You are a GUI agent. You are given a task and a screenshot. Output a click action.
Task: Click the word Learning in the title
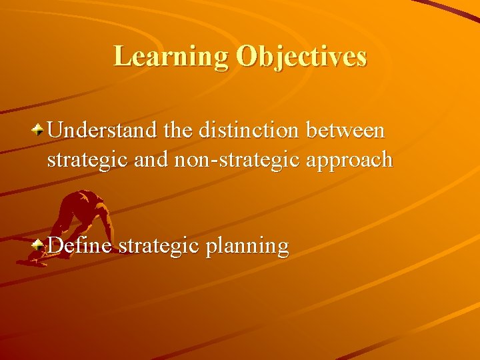(x=171, y=56)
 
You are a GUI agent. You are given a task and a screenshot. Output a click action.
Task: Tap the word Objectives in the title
(x=301, y=57)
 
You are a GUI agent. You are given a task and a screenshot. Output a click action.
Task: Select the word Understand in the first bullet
(x=103, y=130)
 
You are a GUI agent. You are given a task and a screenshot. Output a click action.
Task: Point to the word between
(x=345, y=130)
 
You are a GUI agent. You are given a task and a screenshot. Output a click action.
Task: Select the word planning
(x=247, y=247)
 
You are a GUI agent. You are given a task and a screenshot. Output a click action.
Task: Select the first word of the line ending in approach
(x=85, y=161)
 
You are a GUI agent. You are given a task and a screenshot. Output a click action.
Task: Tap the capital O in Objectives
(x=246, y=57)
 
